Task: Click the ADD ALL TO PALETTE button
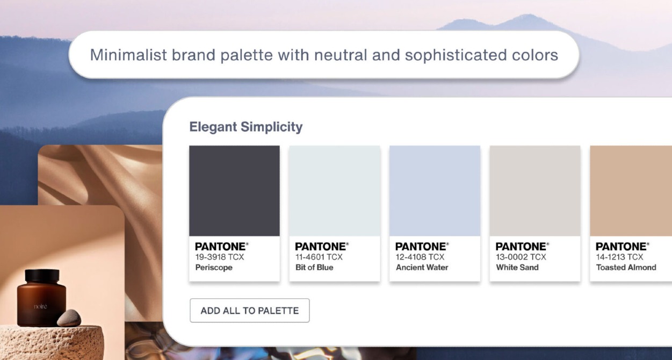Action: pyautogui.click(x=249, y=311)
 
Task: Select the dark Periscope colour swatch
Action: pyautogui.click(x=234, y=191)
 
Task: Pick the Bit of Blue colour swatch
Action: pyautogui.click(x=335, y=191)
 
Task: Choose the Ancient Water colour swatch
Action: pyautogui.click(x=435, y=191)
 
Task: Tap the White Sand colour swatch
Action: pyautogui.click(x=535, y=191)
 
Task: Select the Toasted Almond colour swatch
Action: pyautogui.click(x=631, y=191)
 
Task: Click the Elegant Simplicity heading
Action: pyautogui.click(x=245, y=127)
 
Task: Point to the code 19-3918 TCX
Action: pyautogui.click(x=219, y=257)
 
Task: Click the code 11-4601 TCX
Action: pyautogui.click(x=319, y=257)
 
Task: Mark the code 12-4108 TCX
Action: pyautogui.click(x=420, y=257)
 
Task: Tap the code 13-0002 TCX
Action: pyautogui.click(x=521, y=257)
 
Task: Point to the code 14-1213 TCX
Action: pyautogui.click(x=619, y=257)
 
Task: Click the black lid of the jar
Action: pyautogui.click(x=42, y=276)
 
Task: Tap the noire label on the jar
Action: pyautogui.click(x=40, y=306)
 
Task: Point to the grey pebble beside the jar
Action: pyautogui.click(x=69, y=318)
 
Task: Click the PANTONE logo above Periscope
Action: pyautogui.click(x=221, y=247)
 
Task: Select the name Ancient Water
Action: pyautogui.click(x=422, y=267)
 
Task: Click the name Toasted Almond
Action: pyautogui.click(x=626, y=267)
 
